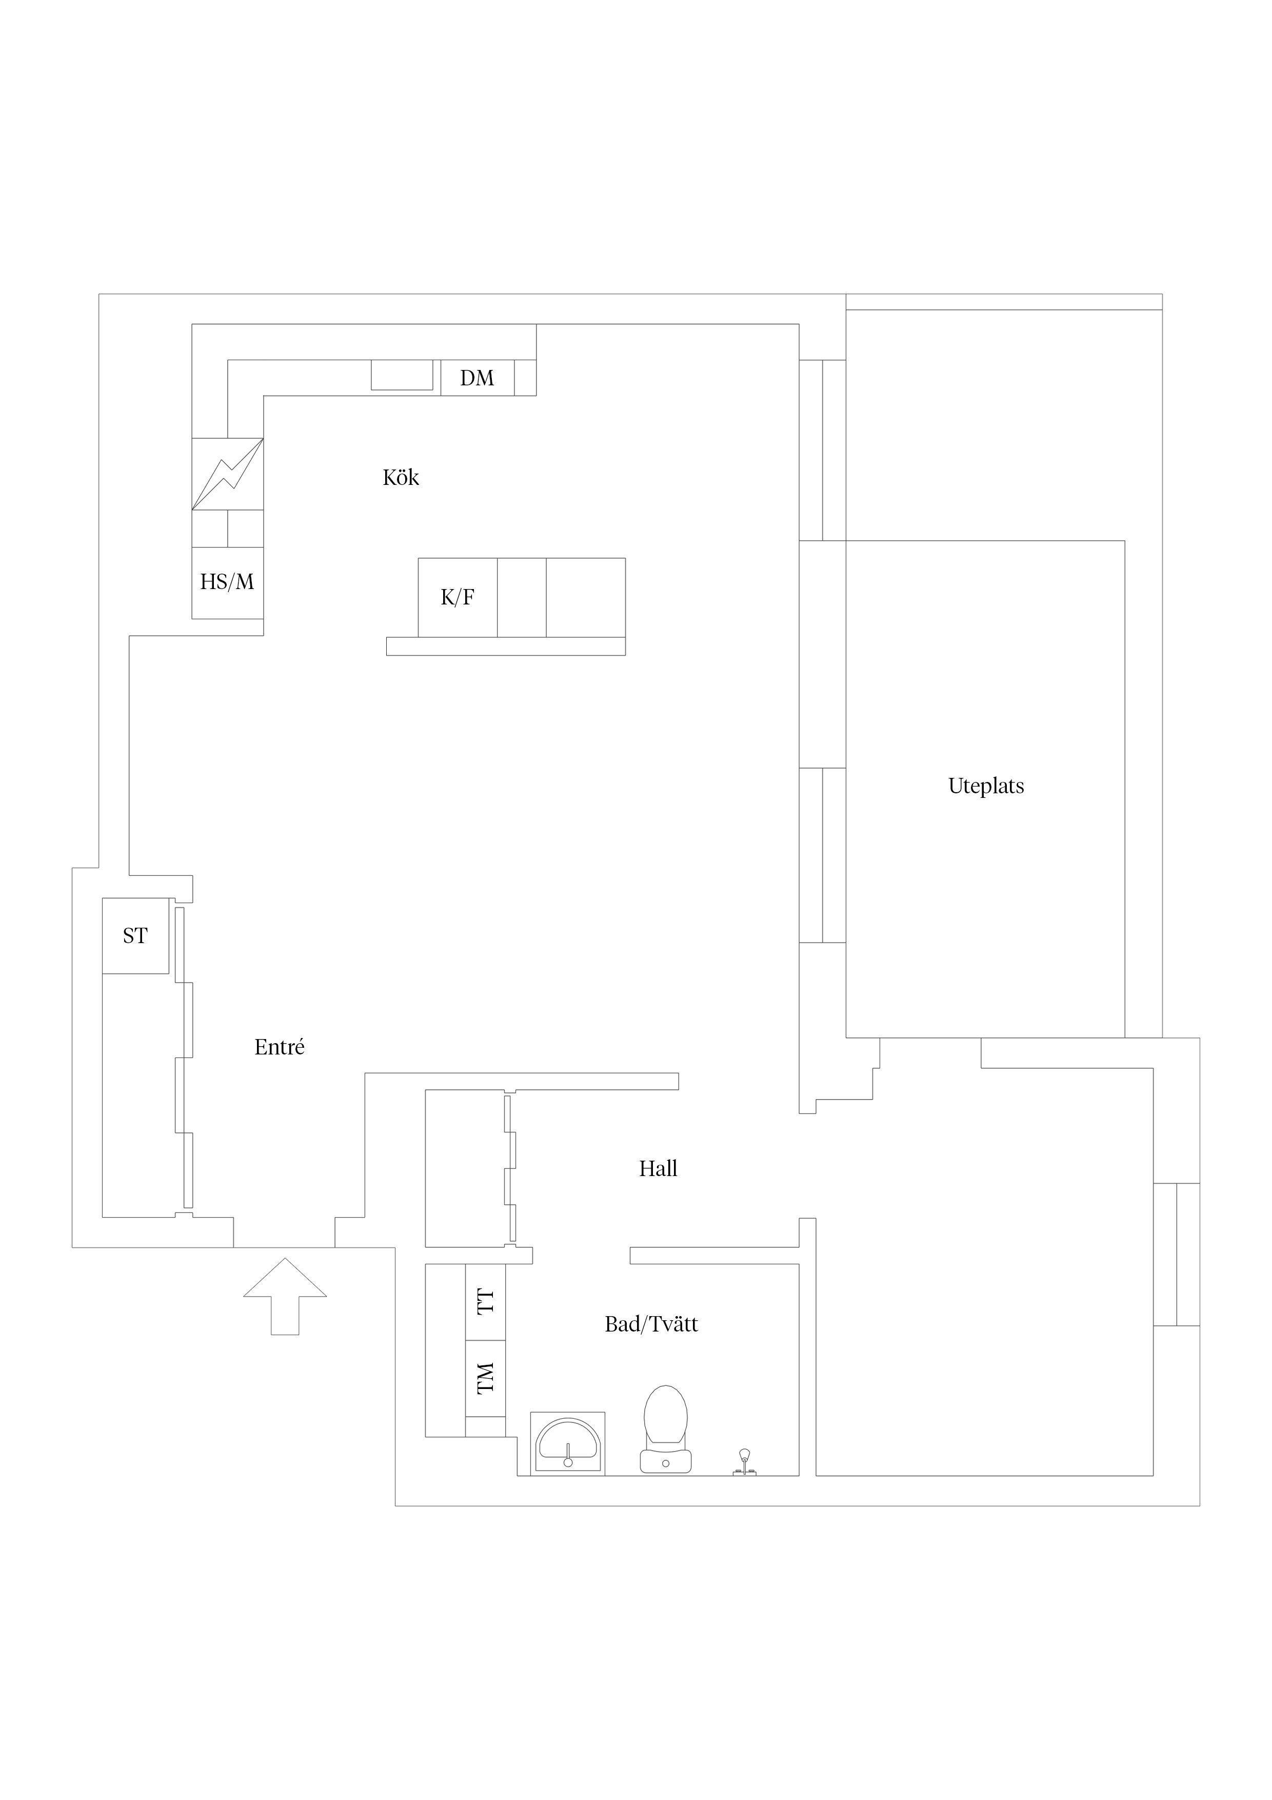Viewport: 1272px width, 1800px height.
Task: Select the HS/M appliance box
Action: (227, 582)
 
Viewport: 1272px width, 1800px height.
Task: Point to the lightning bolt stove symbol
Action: (227, 474)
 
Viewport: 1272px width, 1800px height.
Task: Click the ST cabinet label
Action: (135, 935)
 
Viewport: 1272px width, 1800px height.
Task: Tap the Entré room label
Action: (279, 1047)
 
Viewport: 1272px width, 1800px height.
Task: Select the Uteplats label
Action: (986, 786)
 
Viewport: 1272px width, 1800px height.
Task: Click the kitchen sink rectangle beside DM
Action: (401, 375)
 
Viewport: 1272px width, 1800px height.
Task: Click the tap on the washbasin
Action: (567, 1455)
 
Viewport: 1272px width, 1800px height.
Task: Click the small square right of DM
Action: (525, 378)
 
